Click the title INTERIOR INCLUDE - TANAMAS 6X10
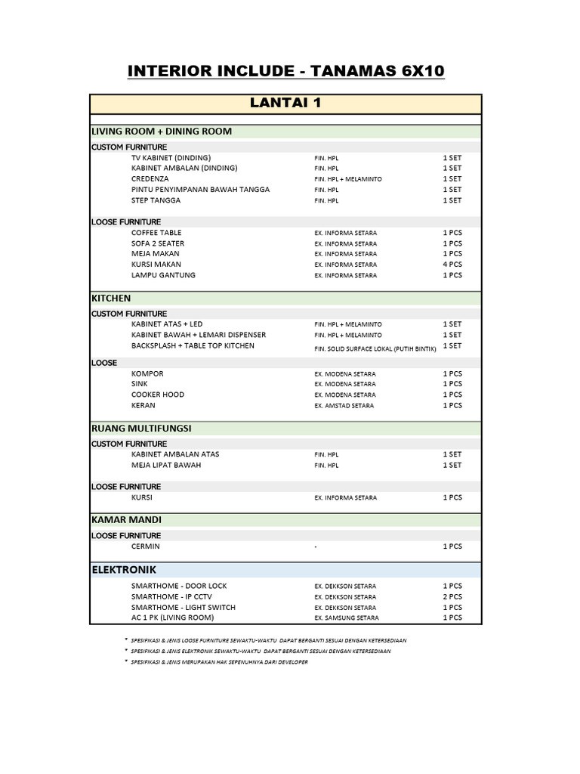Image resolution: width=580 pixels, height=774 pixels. [286, 71]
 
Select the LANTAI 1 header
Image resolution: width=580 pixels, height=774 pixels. [285, 103]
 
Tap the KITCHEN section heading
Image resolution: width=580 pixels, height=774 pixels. [111, 299]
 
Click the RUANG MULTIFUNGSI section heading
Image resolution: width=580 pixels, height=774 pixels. [141, 429]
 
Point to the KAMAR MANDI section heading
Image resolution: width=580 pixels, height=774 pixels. [126, 520]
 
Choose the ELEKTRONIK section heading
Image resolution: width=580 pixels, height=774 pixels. [125, 569]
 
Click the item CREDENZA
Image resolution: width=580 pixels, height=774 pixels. [150, 179]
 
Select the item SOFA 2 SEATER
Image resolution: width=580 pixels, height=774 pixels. [158, 243]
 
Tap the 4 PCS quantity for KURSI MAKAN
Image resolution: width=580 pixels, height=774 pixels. [452, 265]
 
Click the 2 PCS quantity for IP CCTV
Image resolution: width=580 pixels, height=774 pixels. [452, 596]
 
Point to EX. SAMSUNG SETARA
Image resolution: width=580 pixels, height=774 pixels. [347, 618]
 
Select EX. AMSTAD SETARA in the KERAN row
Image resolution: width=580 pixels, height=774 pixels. [344, 406]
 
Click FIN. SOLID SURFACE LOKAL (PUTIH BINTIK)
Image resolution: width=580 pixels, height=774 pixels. [375, 349]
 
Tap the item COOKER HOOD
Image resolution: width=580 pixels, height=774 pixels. [158, 395]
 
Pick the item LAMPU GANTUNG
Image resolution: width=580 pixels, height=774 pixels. [163, 275]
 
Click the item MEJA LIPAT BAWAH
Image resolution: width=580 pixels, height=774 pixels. [166, 465]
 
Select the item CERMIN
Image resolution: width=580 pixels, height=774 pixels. [146, 546]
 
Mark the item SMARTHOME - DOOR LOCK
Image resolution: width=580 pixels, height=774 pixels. [179, 586]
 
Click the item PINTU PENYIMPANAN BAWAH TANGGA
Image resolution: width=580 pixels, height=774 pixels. [200, 190]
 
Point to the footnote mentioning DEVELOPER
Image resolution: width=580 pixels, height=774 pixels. [219, 662]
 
